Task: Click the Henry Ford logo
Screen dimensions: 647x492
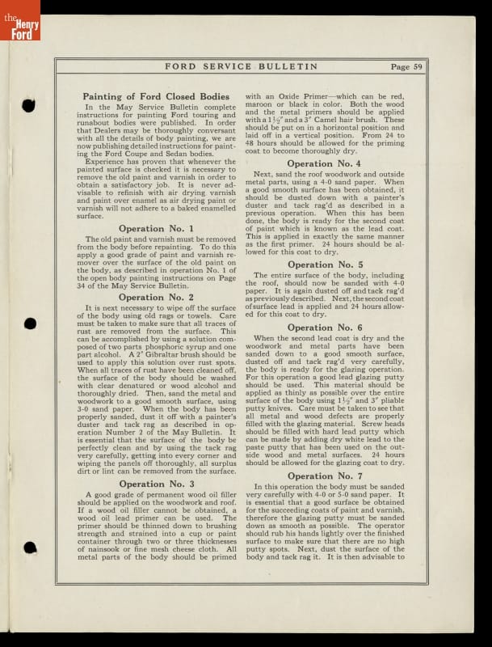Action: click(19, 19)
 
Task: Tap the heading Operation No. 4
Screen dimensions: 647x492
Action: click(324, 163)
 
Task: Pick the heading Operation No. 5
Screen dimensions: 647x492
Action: click(324, 264)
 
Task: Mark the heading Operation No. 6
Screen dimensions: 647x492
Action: click(324, 328)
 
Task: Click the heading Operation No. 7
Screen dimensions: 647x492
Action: click(324, 476)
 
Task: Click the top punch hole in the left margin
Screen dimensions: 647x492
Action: click(30, 105)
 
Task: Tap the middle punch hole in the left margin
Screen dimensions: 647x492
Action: click(30, 323)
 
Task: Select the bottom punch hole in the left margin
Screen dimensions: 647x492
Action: click(30, 548)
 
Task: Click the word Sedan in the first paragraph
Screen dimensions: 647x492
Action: click(199, 154)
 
